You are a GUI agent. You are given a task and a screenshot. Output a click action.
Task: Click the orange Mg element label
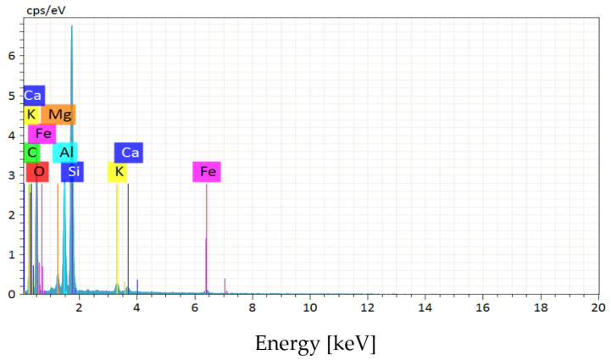(x=58, y=114)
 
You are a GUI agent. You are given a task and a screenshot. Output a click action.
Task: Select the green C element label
(x=31, y=152)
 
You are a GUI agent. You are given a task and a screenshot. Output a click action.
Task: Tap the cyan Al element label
(x=65, y=152)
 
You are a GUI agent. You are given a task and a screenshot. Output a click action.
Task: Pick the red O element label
(x=37, y=172)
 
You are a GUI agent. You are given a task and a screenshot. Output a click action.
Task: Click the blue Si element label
(x=73, y=172)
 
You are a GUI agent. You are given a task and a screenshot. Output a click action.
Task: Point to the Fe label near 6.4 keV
(x=207, y=172)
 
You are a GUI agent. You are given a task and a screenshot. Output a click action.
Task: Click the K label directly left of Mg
(x=31, y=114)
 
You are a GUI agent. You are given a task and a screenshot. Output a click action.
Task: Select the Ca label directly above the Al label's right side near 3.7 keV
(x=129, y=152)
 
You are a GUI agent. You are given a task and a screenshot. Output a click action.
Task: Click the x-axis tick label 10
(x=310, y=307)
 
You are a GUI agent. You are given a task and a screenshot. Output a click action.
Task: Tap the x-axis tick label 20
(x=598, y=307)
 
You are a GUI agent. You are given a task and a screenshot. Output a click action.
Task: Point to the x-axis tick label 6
(x=195, y=307)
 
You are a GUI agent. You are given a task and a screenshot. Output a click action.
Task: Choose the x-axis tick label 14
(x=425, y=307)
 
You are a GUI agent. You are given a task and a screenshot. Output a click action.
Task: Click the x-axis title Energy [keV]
(x=315, y=345)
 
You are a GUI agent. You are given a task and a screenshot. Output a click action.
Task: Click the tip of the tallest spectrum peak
(x=72, y=25)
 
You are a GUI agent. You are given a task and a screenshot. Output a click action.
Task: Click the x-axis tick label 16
(x=483, y=307)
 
